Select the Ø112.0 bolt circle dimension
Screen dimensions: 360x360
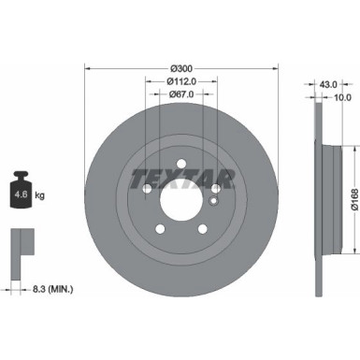tap(180, 82)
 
